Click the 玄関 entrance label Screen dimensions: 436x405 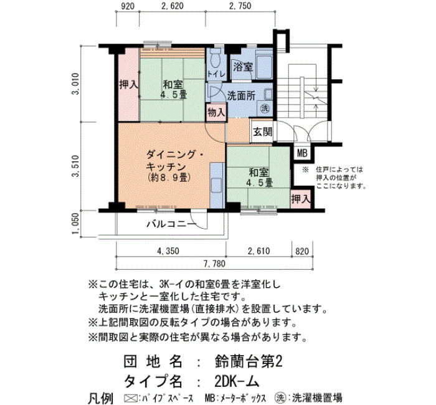(262, 131)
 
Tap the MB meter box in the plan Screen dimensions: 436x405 (302, 153)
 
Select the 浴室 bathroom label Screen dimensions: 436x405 (243, 67)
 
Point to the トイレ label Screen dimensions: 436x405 (216, 74)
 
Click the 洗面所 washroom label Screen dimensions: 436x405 (241, 96)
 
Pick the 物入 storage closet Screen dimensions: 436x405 (216, 112)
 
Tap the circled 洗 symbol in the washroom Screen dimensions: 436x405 (265, 108)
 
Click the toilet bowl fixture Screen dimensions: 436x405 (216, 59)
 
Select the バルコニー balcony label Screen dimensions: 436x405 (172, 224)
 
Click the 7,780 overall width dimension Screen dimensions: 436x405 (214, 264)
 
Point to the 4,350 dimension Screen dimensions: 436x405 (168, 251)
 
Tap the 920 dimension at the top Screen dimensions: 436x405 (128, 6)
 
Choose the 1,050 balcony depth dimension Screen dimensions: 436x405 (75, 224)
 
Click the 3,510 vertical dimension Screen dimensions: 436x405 (75, 166)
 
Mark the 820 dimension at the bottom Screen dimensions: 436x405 (302, 251)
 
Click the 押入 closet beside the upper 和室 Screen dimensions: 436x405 (129, 85)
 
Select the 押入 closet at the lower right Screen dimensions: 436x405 (300, 199)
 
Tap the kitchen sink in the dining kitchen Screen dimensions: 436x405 (217, 185)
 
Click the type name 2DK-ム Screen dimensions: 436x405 (237, 381)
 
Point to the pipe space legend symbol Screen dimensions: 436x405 (130, 398)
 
